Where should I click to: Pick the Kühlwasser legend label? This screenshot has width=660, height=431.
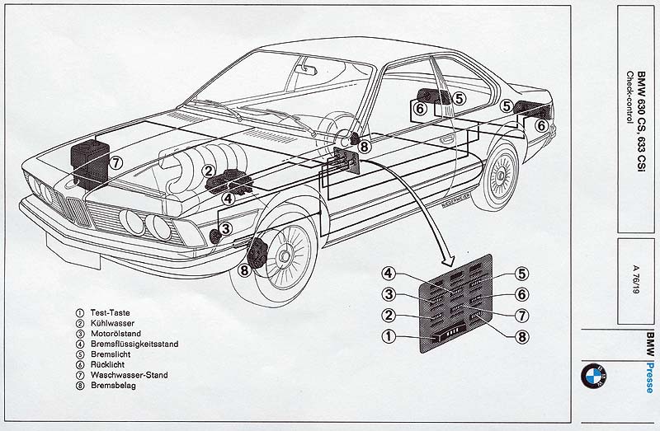coord(110,323)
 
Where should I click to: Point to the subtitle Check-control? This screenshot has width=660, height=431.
coord(629,96)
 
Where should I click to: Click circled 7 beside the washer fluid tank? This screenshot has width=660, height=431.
coord(116,162)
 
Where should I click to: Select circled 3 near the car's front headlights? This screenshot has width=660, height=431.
coord(226,228)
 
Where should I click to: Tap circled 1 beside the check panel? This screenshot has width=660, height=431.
coord(389,335)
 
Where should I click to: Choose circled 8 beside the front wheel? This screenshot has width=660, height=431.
coord(243,269)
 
